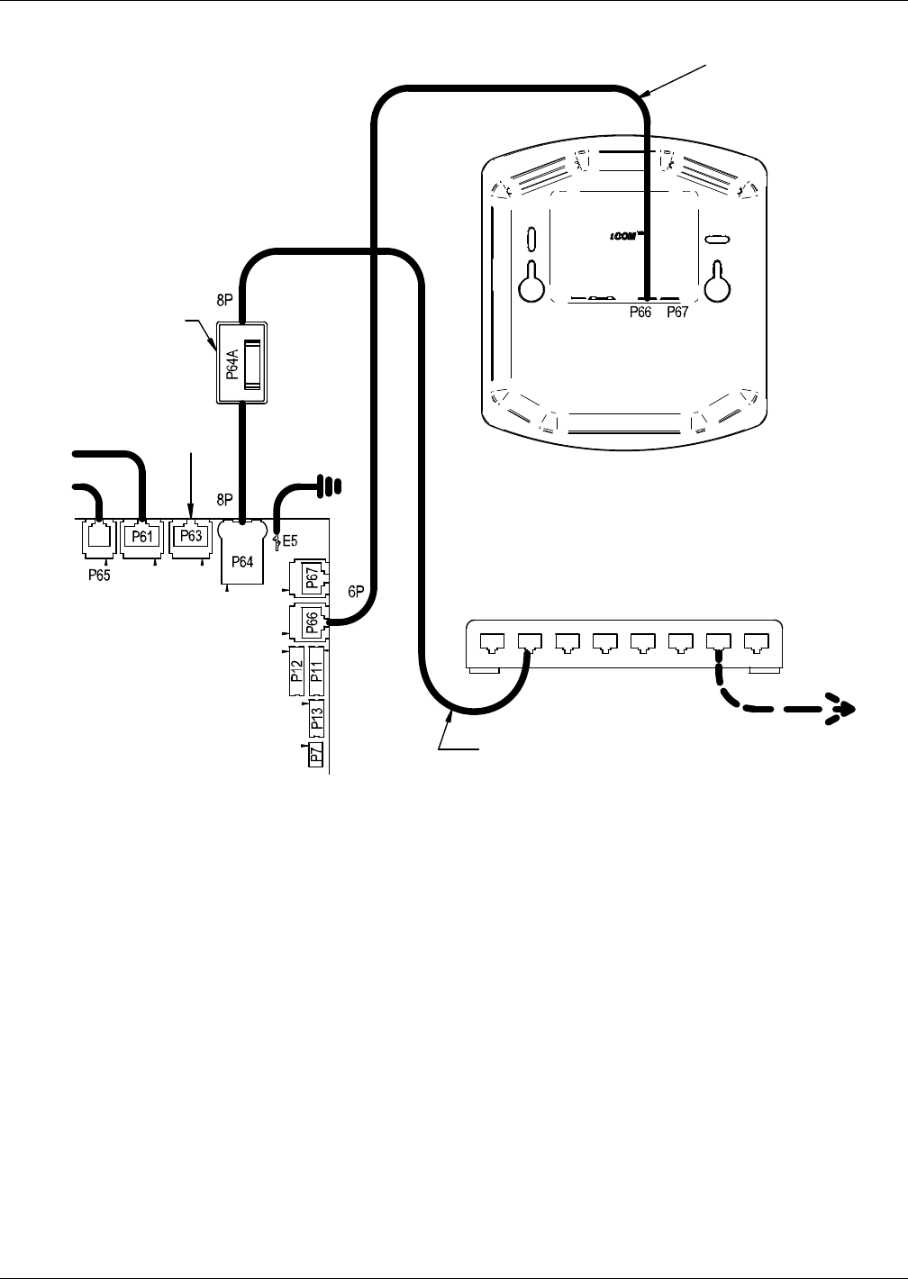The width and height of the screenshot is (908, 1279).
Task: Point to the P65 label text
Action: [99, 576]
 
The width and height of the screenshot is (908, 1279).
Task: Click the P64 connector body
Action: [241, 558]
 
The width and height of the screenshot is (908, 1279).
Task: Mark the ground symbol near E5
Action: [332, 486]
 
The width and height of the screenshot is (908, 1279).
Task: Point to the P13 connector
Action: [316, 717]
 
